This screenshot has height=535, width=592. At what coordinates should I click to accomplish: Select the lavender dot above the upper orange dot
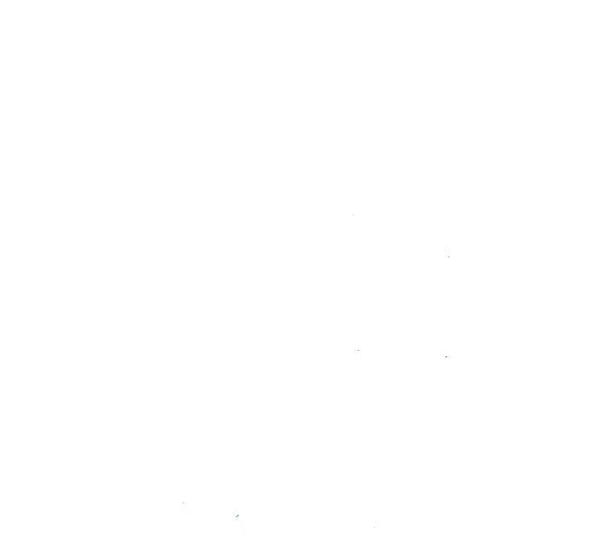446,250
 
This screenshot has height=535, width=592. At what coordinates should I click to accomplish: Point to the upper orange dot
449,256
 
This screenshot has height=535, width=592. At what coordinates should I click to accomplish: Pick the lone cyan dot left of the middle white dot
358,350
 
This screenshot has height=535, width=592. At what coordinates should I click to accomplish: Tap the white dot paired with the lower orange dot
443,356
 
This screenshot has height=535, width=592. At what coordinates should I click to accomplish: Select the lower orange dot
446,356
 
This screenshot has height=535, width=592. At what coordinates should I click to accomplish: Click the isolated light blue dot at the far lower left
184,503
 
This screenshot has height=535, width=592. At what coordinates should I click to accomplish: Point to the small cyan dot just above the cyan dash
234,512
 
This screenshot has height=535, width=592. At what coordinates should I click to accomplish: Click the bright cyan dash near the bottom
237,516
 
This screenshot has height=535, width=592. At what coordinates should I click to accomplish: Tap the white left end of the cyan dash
235,516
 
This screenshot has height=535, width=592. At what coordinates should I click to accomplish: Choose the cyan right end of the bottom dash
238,516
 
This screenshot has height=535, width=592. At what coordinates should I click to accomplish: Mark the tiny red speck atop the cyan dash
237,515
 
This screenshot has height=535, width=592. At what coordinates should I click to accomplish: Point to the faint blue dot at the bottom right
374,527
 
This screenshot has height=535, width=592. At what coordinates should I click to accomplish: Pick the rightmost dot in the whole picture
449,256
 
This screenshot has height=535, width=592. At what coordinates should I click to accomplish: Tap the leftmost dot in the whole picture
184,503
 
